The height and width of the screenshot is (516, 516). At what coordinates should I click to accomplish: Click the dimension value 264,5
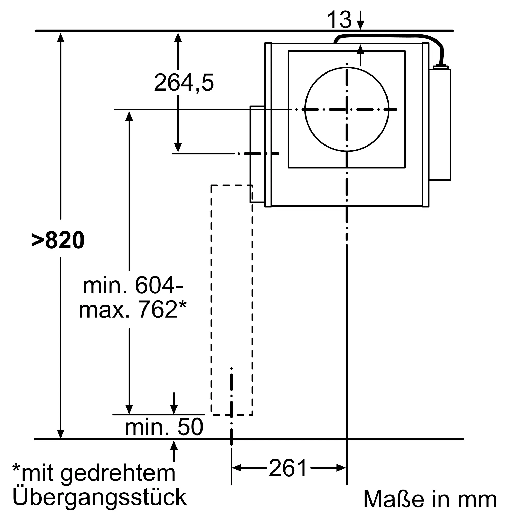pyautogui.click(x=184, y=83)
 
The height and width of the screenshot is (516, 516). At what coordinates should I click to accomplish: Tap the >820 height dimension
pyautogui.click(x=58, y=240)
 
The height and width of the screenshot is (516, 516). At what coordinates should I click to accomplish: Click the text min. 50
pyautogui.click(x=164, y=427)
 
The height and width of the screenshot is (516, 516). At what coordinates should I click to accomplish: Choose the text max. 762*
pyautogui.click(x=132, y=310)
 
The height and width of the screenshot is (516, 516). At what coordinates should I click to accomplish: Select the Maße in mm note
pyautogui.click(x=430, y=499)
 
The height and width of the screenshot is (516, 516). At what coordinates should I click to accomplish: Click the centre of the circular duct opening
pyautogui.click(x=347, y=109)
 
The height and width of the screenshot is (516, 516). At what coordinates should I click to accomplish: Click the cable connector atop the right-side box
pyautogui.click(x=440, y=67)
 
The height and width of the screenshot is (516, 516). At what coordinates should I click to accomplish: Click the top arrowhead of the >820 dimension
pyautogui.click(x=61, y=37)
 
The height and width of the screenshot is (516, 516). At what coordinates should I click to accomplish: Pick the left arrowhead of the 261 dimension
pyautogui.click(x=237, y=468)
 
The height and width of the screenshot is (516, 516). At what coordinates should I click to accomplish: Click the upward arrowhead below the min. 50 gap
pyautogui.click(x=174, y=445)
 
